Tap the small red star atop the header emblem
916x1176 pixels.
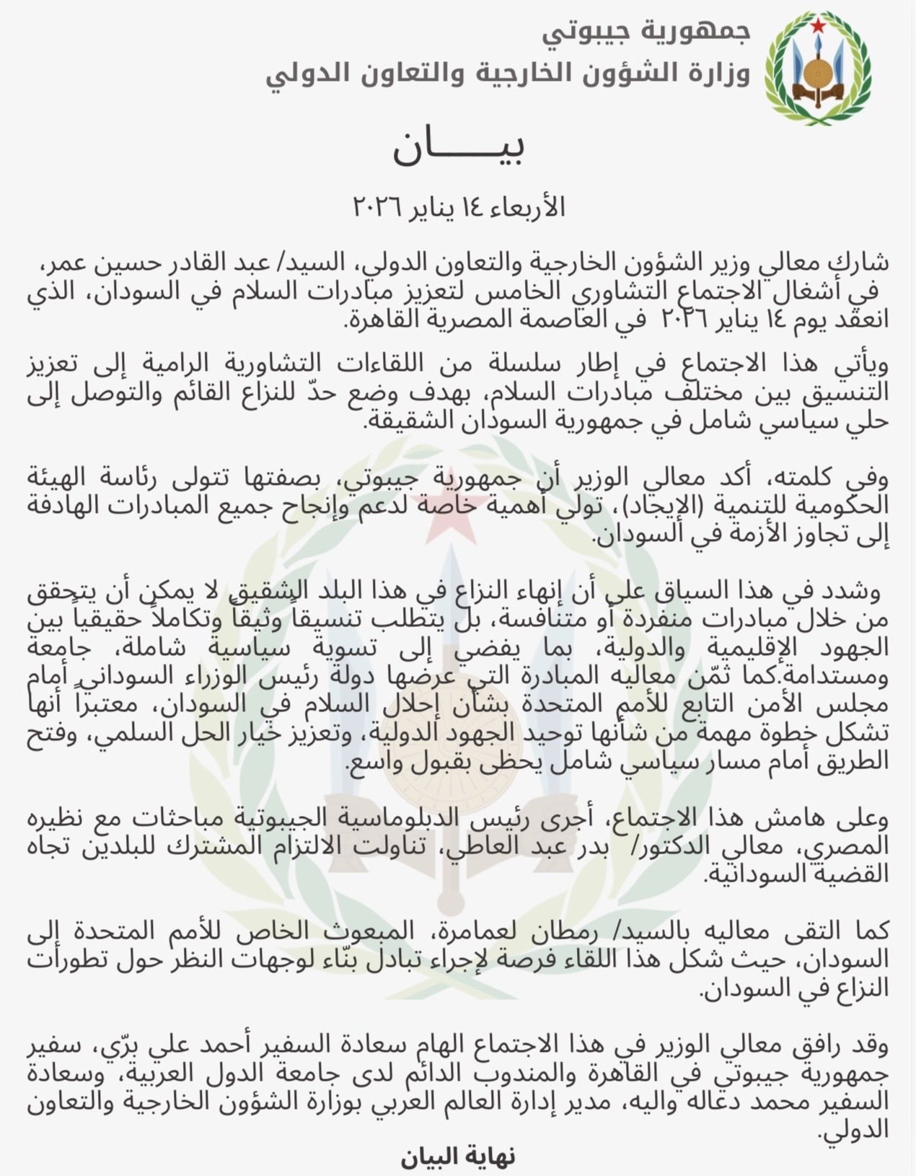point(818,27)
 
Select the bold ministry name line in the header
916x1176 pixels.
point(508,73)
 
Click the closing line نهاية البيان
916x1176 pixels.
point(458,1157)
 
